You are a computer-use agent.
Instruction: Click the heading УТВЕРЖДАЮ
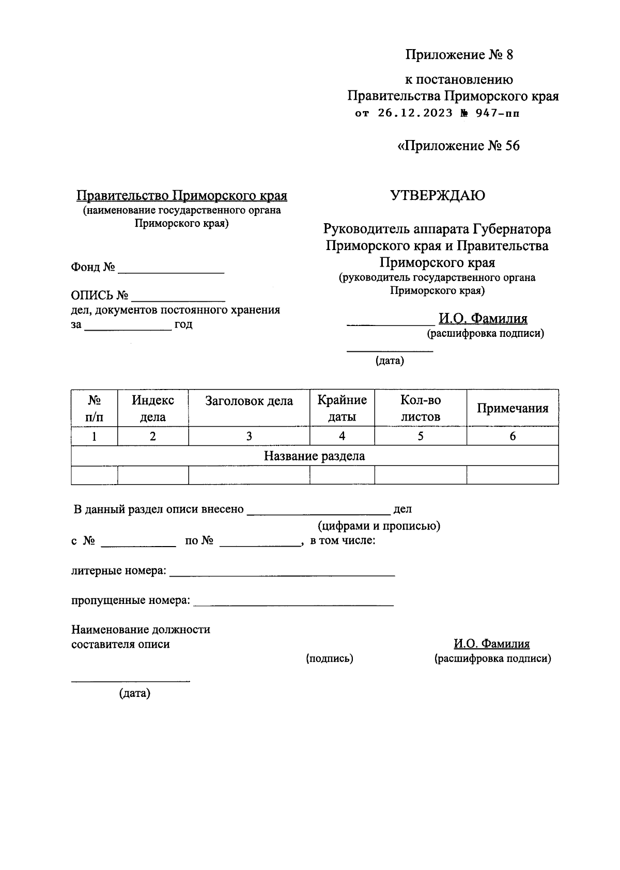point(437,196)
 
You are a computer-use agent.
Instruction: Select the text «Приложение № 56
point(458,146)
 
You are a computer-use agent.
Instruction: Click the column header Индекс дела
point(153,408)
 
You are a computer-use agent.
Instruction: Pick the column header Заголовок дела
point(249,401)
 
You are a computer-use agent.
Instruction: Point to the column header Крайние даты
point(342,408)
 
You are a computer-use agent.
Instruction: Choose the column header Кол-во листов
point(421,408)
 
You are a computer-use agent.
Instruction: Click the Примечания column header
point(513,408)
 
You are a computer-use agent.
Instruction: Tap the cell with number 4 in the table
point(342,436)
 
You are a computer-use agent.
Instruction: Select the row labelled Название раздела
point(314,456)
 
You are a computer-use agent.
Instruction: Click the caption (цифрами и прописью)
point(379,526)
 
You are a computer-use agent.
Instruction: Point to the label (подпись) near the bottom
point(330,659)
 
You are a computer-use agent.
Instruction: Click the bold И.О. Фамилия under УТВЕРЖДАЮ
point(483,319)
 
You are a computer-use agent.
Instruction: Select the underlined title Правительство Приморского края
point(182,196)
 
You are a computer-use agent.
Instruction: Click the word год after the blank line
point(183,325)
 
